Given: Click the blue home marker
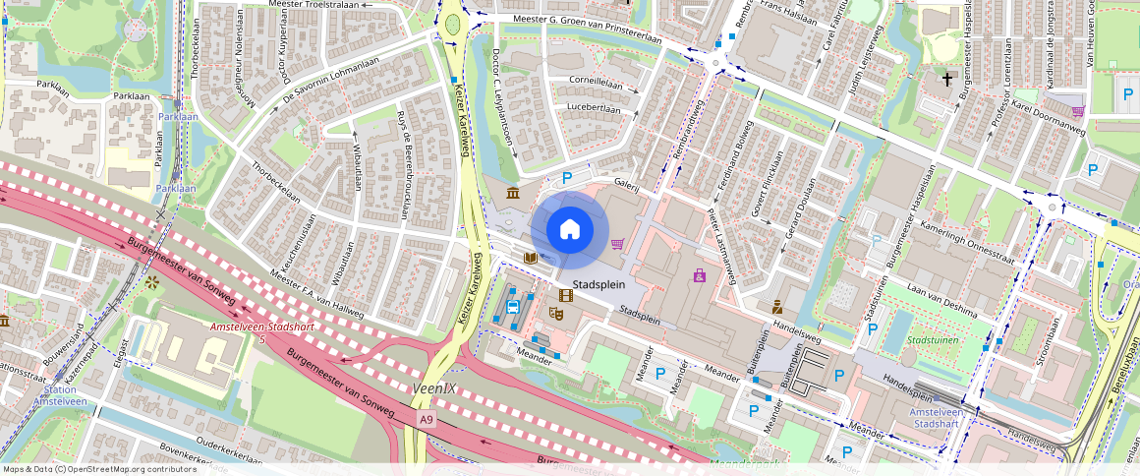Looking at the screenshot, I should tap(569, 230).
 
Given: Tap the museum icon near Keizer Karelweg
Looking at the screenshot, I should tap(513, 194).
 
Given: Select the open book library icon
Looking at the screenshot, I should tap(531, 258).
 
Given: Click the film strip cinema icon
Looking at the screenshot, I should tap(566, 294).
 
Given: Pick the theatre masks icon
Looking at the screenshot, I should tap(556, 314).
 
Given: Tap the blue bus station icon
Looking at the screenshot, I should tap(512, 306).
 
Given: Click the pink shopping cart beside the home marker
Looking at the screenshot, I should tap(618, 244).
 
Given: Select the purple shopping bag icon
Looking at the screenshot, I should tap(700, 275).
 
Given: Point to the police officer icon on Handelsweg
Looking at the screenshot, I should tap(776, 305).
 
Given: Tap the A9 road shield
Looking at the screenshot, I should tap(426, 420).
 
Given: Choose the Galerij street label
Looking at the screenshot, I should tap(627, 184).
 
